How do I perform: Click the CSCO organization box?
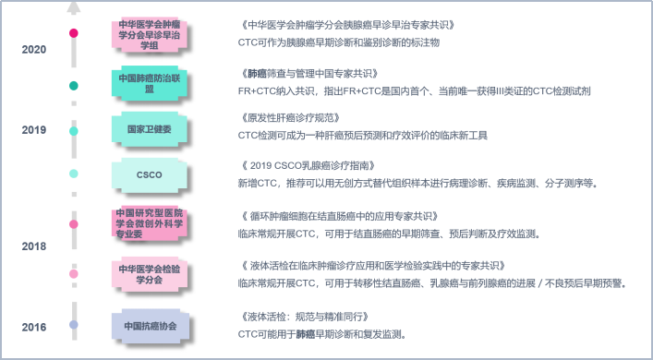(149, 174)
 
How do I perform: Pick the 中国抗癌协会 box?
(149, 325)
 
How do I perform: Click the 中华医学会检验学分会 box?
(149, 274)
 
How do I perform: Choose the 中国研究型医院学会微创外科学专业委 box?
(149, 224)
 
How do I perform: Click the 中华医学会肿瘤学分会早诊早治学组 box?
(149, 33)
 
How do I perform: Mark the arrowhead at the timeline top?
(73, 6)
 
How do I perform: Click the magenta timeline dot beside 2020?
(73, 33)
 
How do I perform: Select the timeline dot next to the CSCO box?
(73, 174)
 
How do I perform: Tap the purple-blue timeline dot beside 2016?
(73, 325)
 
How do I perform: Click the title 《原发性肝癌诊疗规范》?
(285, 118)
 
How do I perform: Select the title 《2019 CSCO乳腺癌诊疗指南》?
(306, 165)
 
